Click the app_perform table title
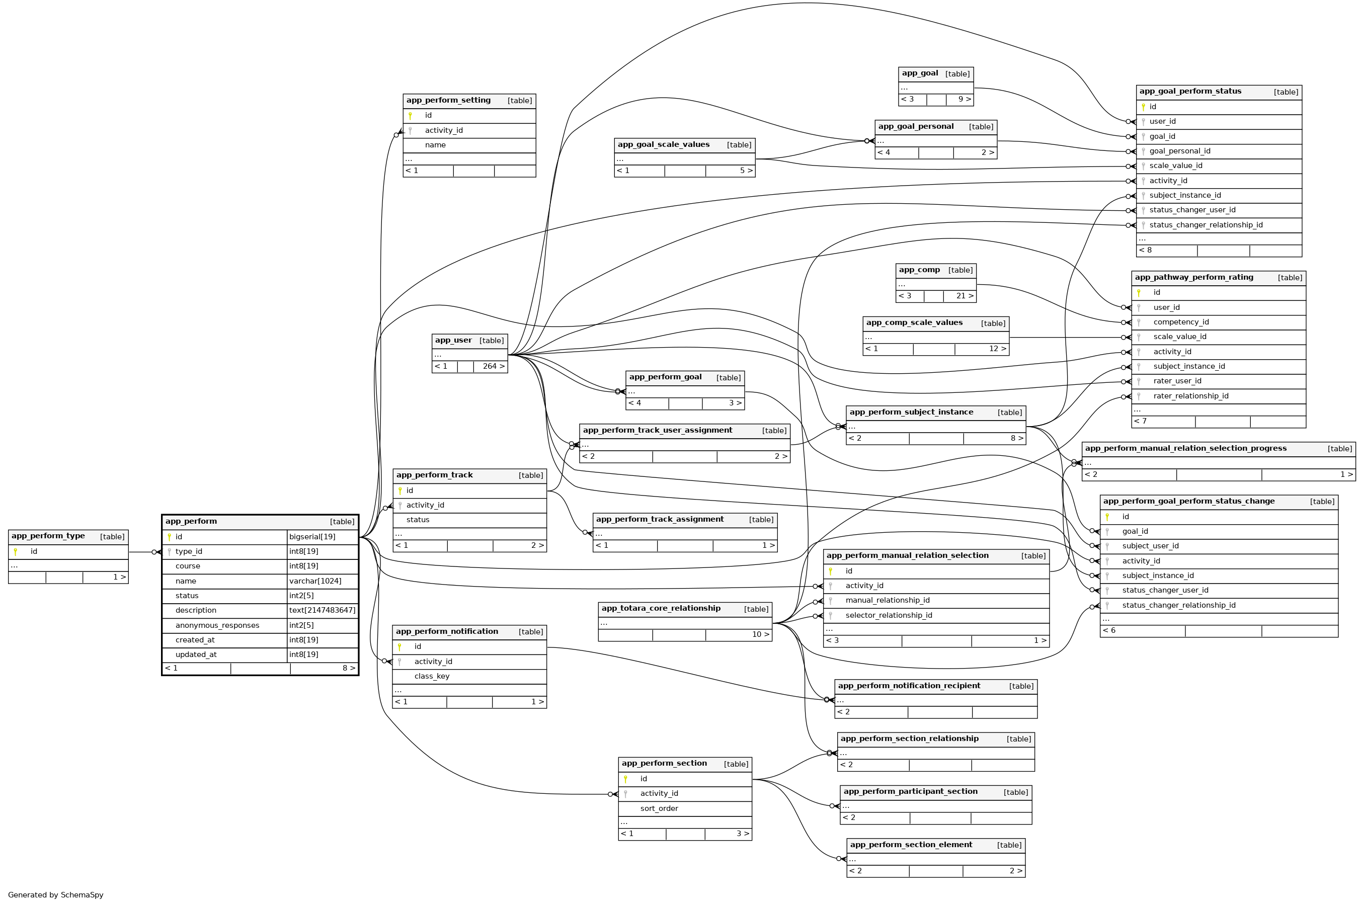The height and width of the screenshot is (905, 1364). click(191, 521)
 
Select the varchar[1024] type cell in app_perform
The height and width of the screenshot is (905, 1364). click(315, 581)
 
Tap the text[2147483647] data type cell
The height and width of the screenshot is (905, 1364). click(322, 611)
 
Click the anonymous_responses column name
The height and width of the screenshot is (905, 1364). click(217, 626)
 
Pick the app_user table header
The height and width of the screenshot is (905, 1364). click(453, 341)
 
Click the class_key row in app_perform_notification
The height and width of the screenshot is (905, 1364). click(431, 677)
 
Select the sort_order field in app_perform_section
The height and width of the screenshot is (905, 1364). click(659, 808)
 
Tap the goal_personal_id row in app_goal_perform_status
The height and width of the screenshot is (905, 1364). click(1179, 151)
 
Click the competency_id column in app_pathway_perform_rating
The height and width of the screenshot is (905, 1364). click(1180, 322)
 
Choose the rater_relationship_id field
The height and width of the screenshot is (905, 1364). click(1190, 396)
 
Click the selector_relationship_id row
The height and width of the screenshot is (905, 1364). click(889, 615)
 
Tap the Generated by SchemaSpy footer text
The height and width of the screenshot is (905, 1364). click(55, 894)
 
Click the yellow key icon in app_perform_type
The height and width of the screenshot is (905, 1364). click(16, 552)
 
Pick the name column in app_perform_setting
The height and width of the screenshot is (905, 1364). click(435, 145)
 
